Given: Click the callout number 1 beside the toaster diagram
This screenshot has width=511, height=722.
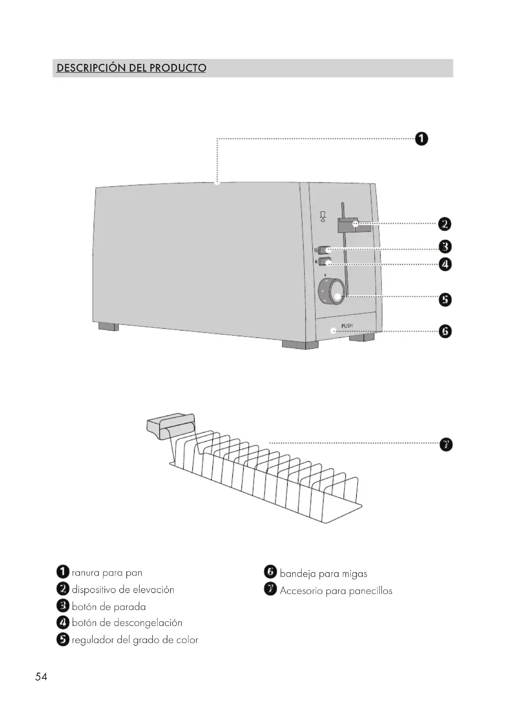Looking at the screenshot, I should [421, 139].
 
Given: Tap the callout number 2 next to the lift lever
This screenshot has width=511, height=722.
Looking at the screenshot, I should [444, 224].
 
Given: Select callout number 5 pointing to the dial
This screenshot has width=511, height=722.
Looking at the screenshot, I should [445, 300].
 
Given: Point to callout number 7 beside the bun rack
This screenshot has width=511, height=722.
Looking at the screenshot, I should [446, 444].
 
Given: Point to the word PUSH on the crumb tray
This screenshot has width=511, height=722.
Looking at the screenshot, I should [347, 326].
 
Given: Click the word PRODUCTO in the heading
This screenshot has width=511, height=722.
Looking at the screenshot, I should [177, 68].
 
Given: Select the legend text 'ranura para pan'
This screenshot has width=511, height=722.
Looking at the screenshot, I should [107, 573].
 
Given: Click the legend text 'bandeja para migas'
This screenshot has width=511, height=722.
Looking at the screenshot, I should [323, 574].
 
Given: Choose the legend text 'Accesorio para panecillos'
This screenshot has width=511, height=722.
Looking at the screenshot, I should [336, 591].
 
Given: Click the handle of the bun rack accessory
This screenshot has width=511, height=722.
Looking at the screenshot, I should [170, 424].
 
